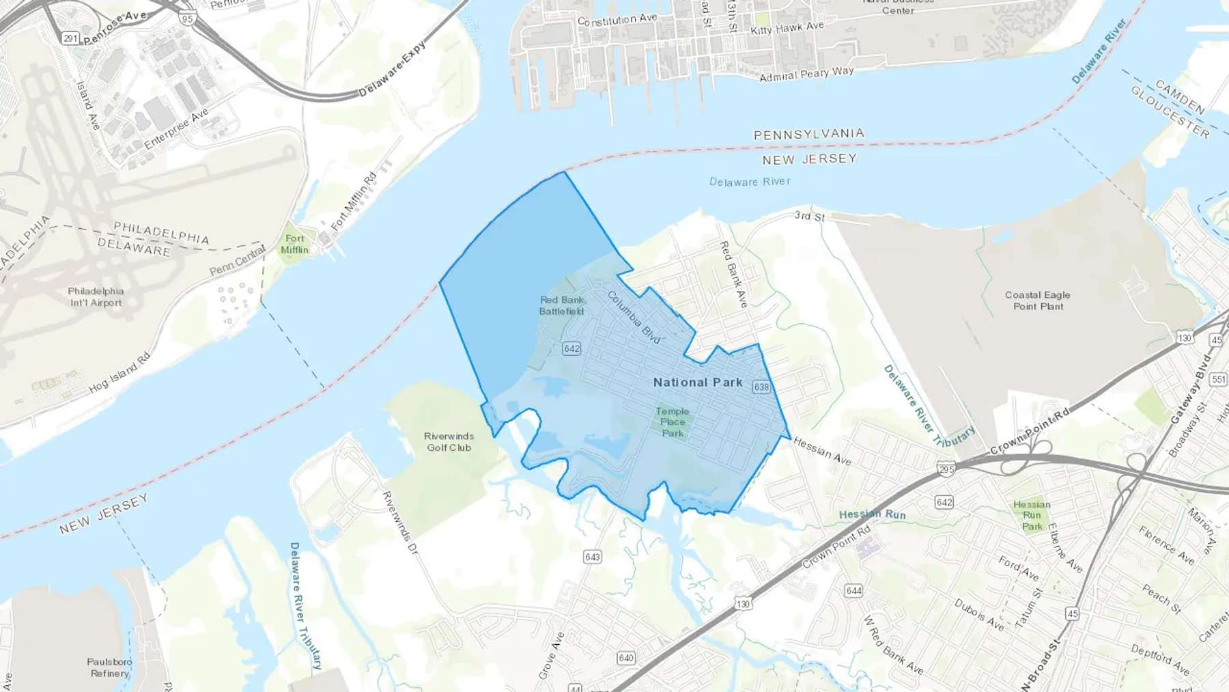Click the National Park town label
click(x=698, y=383)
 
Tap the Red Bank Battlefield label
click(x=562, y=305)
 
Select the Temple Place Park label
click(x=673, y=421)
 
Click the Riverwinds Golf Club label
click(x=449, y=442)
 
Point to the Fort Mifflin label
click(x=294, y=244)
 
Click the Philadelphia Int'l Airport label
click(x=96, y=296)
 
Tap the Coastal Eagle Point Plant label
click(x=1037, y=301)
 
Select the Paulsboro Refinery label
click(x=109, y=667)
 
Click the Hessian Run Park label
click(x=1032, y=515)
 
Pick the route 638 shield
click(x=761, y=387)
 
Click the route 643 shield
click(x=593, y=557)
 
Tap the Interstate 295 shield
click(x=946, y=469)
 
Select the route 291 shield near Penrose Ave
click(x=71, y=38)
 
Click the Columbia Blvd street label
click(x=634, y=318)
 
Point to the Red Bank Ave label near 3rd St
click(x=734, y=274)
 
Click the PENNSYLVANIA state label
click(x=808, y=135)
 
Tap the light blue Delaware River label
click(x=750, y=182)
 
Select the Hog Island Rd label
click(x=119, y=374)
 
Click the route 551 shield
click(x=1218, y=379)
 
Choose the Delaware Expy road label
click(x=393, y=69)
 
